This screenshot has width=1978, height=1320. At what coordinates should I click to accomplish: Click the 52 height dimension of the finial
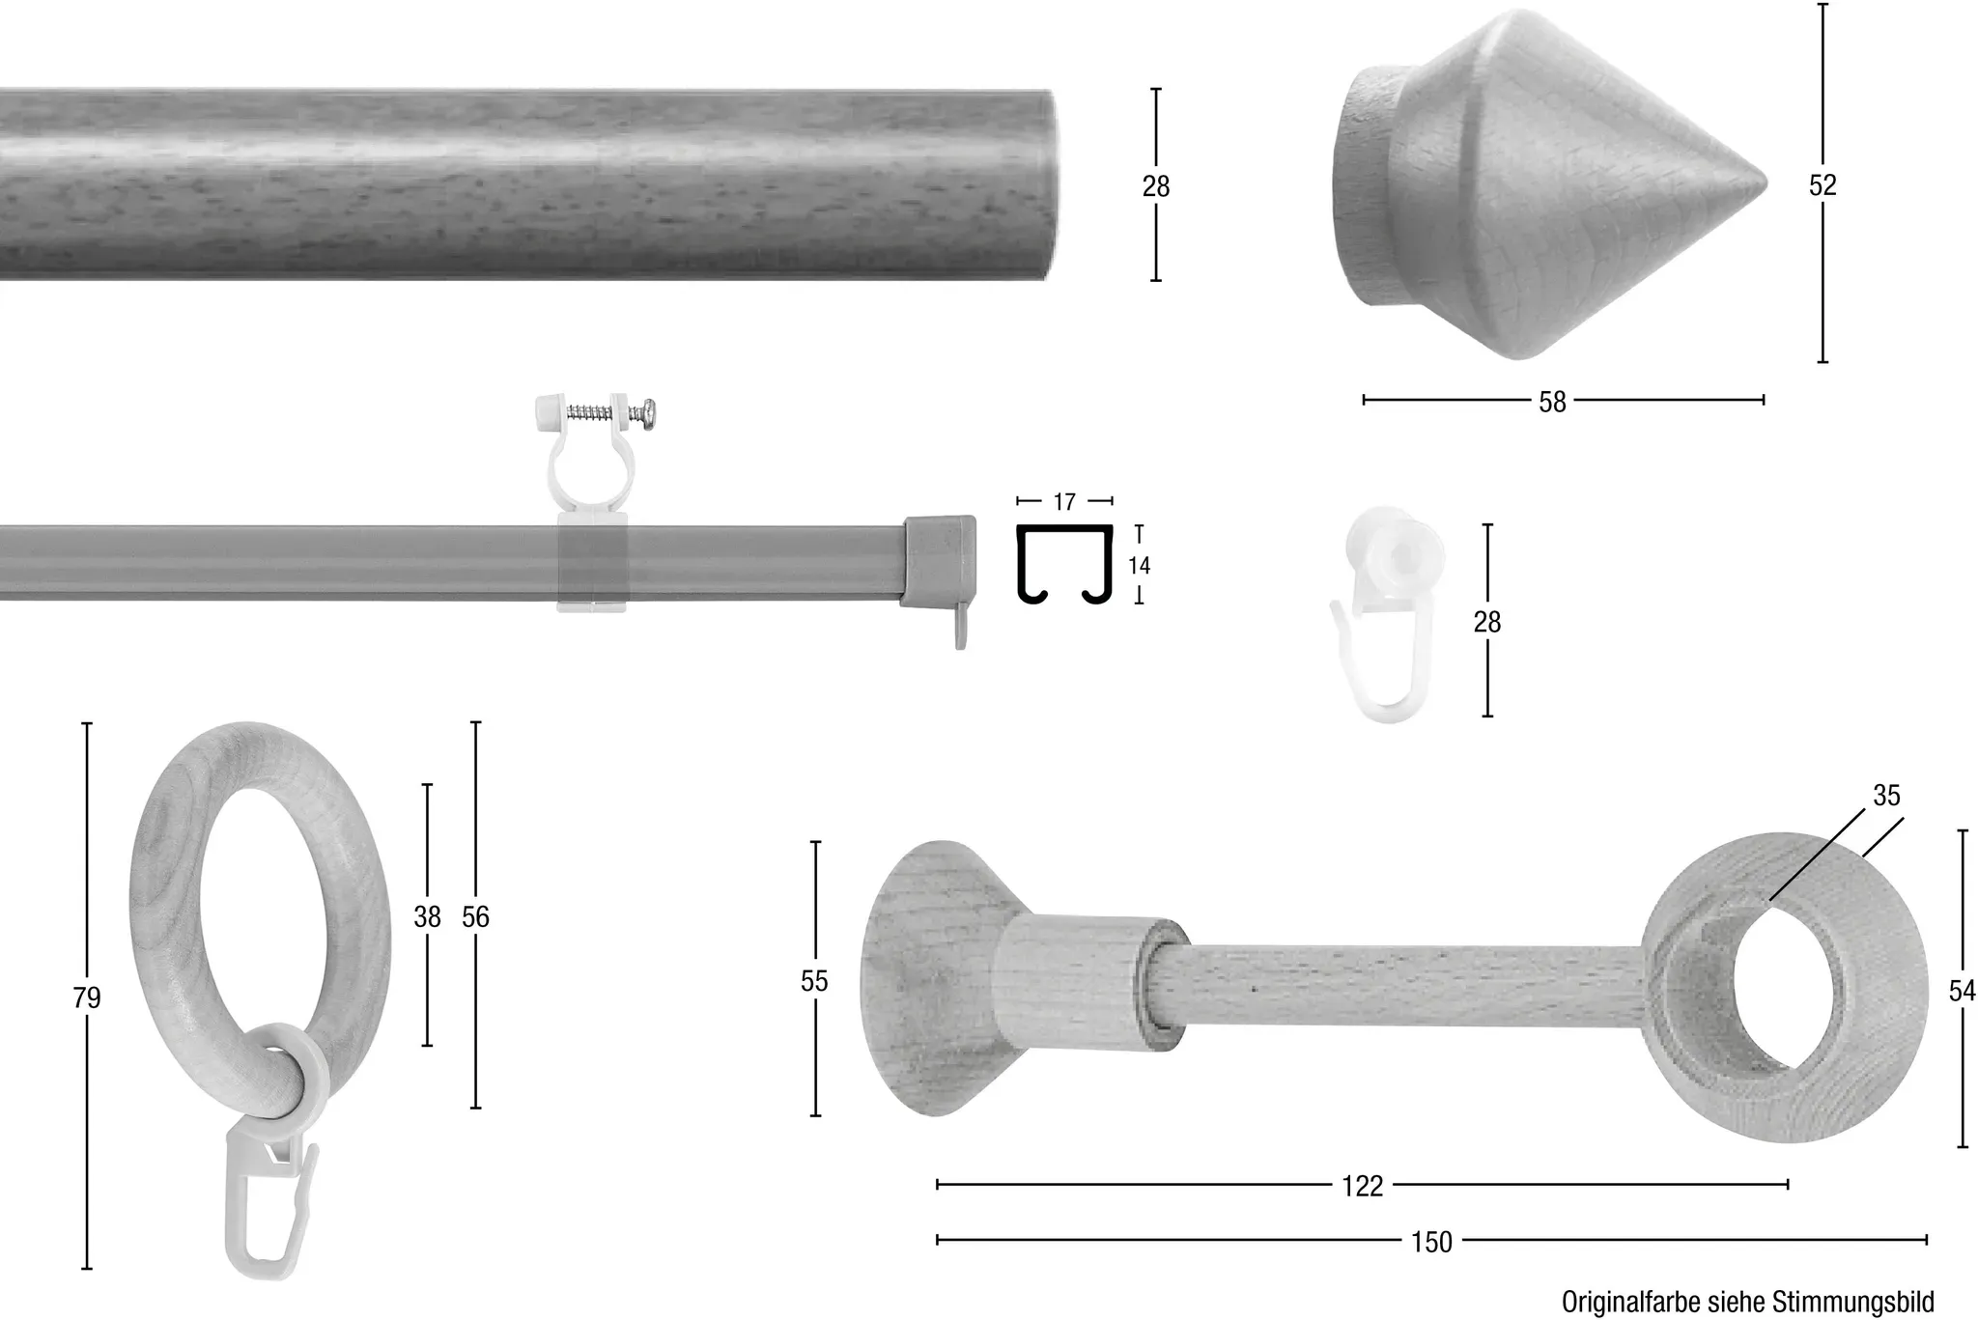1823,184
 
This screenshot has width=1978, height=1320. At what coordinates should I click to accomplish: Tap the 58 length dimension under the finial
1552,402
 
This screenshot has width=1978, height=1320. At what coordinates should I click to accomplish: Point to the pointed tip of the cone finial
1766,182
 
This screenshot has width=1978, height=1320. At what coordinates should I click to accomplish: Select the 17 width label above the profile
1064,502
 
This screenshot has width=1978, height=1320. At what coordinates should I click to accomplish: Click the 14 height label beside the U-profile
1140,565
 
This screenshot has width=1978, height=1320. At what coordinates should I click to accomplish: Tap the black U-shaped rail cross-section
1065,564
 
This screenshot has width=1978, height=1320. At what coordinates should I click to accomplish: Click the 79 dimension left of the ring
87,997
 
